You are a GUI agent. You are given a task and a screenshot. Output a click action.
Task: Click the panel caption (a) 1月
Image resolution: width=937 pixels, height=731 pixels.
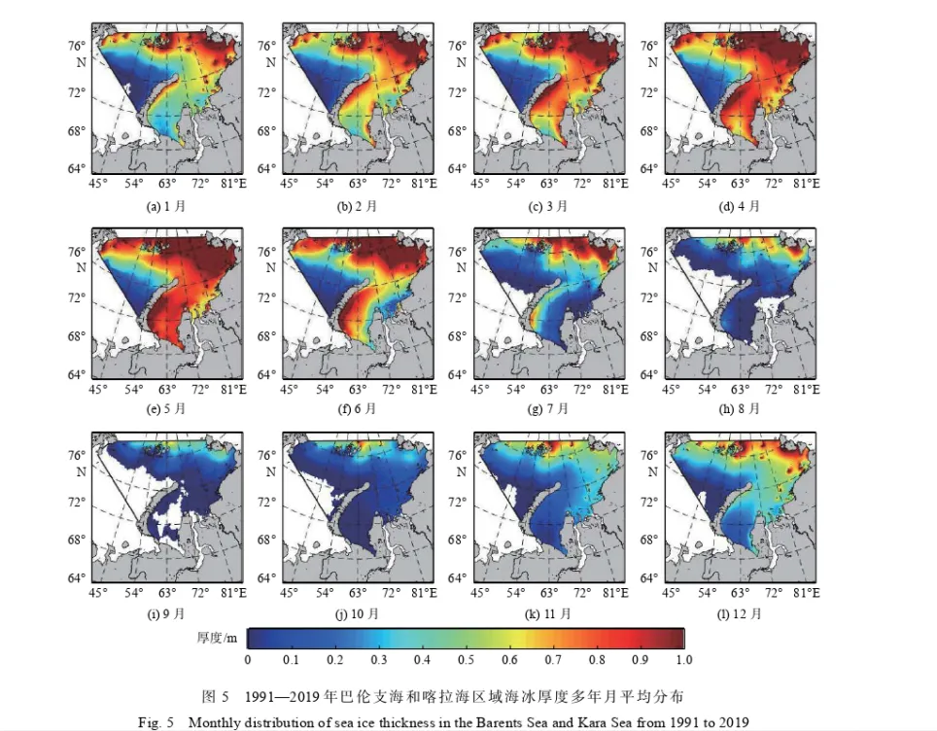pyautogui.click(x=166, y=206)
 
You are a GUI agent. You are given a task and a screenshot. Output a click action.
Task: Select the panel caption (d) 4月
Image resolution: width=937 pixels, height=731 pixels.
pyautogui.click(x=740, y=206)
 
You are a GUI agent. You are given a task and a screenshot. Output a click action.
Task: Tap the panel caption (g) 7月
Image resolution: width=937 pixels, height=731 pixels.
pyautogui.click(x=548, y=409)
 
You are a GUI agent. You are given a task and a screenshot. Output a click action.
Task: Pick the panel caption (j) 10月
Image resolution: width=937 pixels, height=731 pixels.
pyautogui.click(x=358, y=613)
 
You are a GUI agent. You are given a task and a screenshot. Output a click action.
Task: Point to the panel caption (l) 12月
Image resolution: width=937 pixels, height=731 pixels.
pyautogui.click(x=740, y=613)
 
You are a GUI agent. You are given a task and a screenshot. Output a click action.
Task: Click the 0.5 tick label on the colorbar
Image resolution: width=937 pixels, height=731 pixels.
pyautogui.click(x=467, y=660)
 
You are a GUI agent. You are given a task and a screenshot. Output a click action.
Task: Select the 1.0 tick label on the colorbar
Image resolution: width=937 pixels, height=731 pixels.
pyautogui.click(x=684, y=660)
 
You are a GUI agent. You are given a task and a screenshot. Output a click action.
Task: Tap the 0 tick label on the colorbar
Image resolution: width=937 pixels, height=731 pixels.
pyautogui.click(x=248, y=660)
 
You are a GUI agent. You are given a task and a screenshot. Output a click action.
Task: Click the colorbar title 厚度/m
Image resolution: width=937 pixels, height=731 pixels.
pyautogui.click(x=217, y=638)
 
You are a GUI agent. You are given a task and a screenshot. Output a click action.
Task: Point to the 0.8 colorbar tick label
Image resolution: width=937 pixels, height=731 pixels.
pyautogui.click(x=597, y=660)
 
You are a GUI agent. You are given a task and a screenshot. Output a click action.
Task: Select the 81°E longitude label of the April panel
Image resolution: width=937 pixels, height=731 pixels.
pyautogui.click(x=806, y=183)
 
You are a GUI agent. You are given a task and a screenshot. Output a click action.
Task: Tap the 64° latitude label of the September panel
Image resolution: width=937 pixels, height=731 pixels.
pyautogui.click(x=77, y=578)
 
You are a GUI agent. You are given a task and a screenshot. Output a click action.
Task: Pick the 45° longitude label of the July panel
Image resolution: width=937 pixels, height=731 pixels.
pyautogui.click(x=480, y=389)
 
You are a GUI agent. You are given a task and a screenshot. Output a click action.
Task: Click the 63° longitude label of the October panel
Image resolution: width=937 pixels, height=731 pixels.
pyautogui.click(x=358, y=593)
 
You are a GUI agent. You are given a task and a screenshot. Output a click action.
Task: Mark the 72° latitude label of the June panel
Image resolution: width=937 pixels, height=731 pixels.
pyautogui.click(x=267, y=297)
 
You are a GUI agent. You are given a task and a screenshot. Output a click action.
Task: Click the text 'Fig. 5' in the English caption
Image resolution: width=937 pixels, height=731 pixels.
pyautogui.click(x=156, y=722)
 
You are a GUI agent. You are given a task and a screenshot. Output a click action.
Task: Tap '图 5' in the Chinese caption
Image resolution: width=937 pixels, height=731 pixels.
pyautogui.click(x=216, y=696)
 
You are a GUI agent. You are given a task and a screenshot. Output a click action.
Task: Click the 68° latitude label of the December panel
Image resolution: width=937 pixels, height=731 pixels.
pyautogui.click(x=649, y=540)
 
